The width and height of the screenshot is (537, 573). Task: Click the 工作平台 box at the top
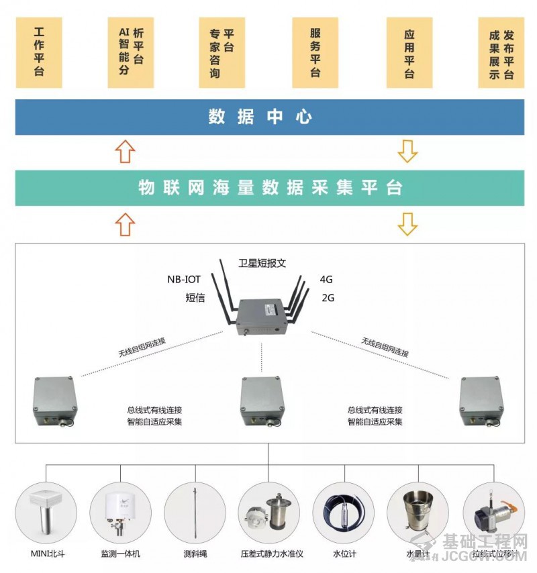click(39, 52)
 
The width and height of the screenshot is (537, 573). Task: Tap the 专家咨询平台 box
click(222, 52)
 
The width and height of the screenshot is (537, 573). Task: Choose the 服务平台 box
click(315, 52)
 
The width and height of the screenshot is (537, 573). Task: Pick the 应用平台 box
click(409, 52)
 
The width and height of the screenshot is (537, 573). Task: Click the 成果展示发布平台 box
click(501, 52)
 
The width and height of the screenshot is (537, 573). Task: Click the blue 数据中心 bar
click(269, 117)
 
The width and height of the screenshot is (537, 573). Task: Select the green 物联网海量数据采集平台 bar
click(269, 188)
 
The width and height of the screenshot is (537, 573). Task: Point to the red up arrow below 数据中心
click(124, 152)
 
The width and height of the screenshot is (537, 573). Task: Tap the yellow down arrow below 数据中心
click(407, 152)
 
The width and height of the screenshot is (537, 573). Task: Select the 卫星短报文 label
click(266, 263)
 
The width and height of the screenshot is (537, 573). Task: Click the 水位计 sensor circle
click(343, 513)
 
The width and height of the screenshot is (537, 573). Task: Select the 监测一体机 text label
click(121, 554)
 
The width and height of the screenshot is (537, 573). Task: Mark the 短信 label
click(195, 297)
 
